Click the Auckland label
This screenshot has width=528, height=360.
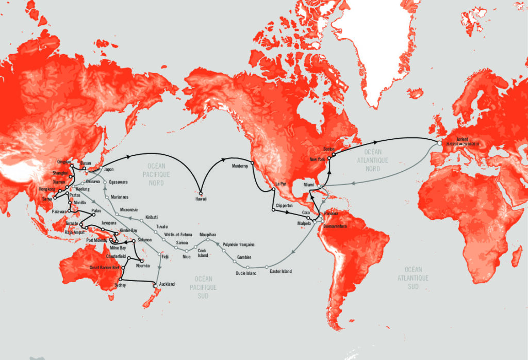click(x=167, y=284)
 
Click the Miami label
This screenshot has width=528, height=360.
click(x=309, y=185)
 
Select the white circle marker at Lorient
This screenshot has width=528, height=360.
click(x=439, y=144)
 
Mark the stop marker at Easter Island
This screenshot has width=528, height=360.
click(x=267, y=267)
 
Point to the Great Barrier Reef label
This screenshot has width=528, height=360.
click(x=104, y=268)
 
